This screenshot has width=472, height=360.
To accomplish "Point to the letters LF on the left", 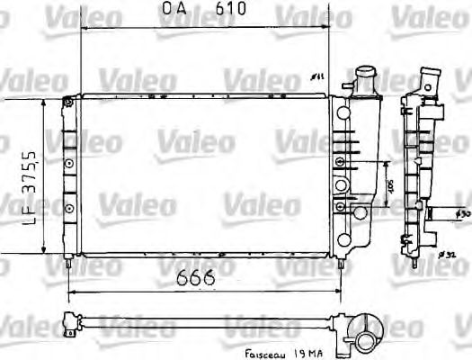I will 29,215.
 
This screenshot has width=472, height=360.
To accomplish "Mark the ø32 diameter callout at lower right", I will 444,256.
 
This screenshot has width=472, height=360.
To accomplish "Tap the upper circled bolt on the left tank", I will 69,162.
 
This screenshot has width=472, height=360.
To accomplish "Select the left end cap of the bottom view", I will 68,319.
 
